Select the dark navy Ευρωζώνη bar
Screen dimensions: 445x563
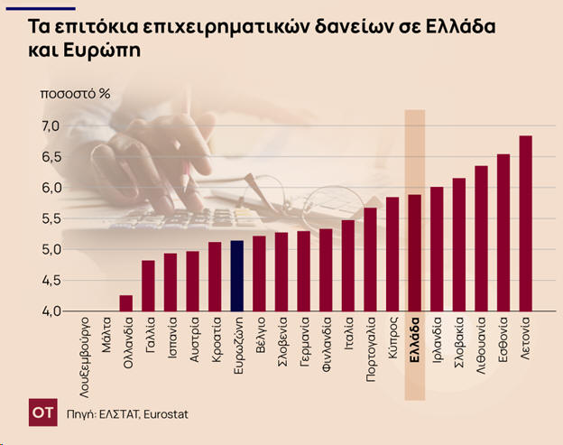click(x=237, y=275)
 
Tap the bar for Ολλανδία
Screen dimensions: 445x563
click(x=126, y=303)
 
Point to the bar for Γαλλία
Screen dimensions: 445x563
click(x=149, y=285)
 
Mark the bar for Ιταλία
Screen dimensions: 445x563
click(x=348, y=265)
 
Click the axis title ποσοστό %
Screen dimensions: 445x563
click(x=74, y=93)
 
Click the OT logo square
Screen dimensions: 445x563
click(x=41, y=412)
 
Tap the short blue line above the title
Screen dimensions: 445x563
click(x=52, y=7)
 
